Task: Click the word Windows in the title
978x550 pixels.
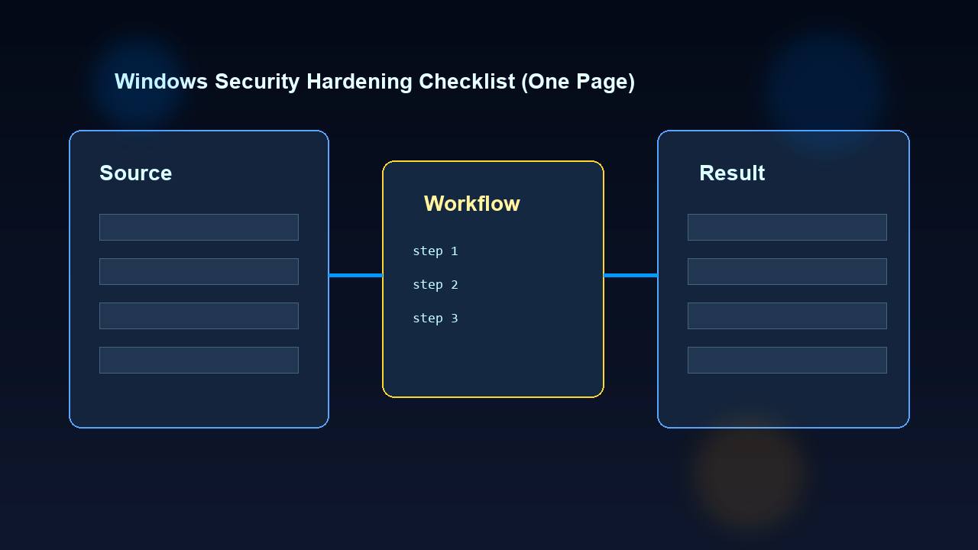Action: [160, 82]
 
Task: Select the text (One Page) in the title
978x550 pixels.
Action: [578, 82]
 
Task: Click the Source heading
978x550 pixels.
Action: [135, 173]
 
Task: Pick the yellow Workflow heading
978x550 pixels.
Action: [471, 204]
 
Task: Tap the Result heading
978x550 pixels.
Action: [731, 173]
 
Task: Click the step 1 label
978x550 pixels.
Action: [435, 251]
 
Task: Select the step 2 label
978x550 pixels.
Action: [435, 285]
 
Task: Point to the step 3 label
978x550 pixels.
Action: [435, 319]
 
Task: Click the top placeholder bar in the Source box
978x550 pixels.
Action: [199, 227]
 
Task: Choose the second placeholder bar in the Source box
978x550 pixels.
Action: [199, 271]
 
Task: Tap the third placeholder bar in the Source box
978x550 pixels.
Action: [199, 315]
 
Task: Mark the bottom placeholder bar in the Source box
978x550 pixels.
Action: [199, 360]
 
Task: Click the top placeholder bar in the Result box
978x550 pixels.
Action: [787, 227]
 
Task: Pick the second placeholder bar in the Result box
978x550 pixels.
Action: [787, 271]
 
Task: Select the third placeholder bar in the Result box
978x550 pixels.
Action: [787, 315]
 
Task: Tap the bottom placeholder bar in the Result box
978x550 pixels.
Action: [787, 360]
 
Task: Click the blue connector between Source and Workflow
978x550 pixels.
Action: [355, 275]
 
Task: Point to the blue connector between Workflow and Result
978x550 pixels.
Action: [630, 275]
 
